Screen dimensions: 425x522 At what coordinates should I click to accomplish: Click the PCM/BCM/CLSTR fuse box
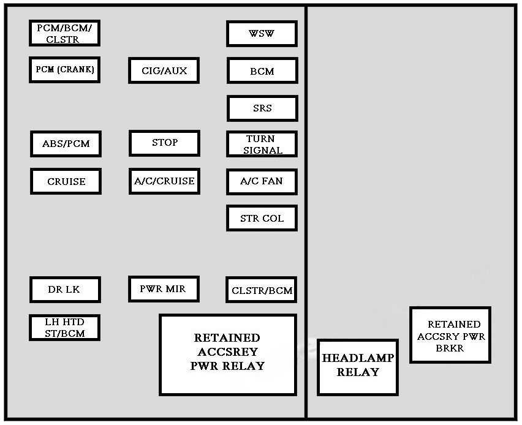pyautogui.click(x=64, y=33)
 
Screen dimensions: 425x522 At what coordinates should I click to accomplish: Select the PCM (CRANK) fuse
pyautogui.click(x=64, y=70)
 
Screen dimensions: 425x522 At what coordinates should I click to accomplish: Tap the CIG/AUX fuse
pyautogui.click(x=164, y=70)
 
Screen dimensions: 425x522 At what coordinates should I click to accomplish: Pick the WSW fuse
pyautogui.click(x=262, y=34)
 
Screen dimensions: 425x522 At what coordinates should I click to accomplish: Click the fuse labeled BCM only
pyautogui.click(x=262, y=71)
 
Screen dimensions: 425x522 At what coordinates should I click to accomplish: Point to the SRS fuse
pyautogui.click(x=262, y=108)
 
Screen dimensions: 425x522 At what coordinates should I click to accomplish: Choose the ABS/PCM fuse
pyautogui.click(x=66, y=144)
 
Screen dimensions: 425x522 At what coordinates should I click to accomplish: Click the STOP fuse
pyautogui.click(x=164, y=143)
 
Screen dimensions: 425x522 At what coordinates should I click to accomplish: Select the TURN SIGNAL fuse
pyautogui.click(x=262, y=145)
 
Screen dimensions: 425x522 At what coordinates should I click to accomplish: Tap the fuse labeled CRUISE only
pyautogui.click(x=66, y=181)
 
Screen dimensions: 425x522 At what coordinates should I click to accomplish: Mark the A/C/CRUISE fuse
pyautogui.click(x=164, y=181)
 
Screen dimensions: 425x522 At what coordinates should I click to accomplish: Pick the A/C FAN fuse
pyautogui.click(x=262, y=181)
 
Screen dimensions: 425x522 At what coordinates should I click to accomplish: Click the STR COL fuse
pyautogui.click(x=262, y=219)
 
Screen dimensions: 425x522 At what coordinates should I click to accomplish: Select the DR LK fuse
pyautogui.click(x=64, y=290)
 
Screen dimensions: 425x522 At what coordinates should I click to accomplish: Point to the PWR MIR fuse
pyautogui.click(x=164, y=289)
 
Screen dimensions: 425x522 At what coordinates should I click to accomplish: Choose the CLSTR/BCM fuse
pyautogui.click(x=262, y=290)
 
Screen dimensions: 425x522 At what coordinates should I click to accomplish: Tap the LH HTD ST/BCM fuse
pyautogui.click(x=64, y=328)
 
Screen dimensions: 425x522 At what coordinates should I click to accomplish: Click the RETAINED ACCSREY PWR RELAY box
pyautogui.click(x=228, y=355)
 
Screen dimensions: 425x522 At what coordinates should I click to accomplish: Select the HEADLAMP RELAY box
pyautogui.click(x=358, y=367)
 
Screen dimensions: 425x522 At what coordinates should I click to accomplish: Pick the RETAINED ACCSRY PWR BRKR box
pyautogui.click(x=450, y=335)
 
